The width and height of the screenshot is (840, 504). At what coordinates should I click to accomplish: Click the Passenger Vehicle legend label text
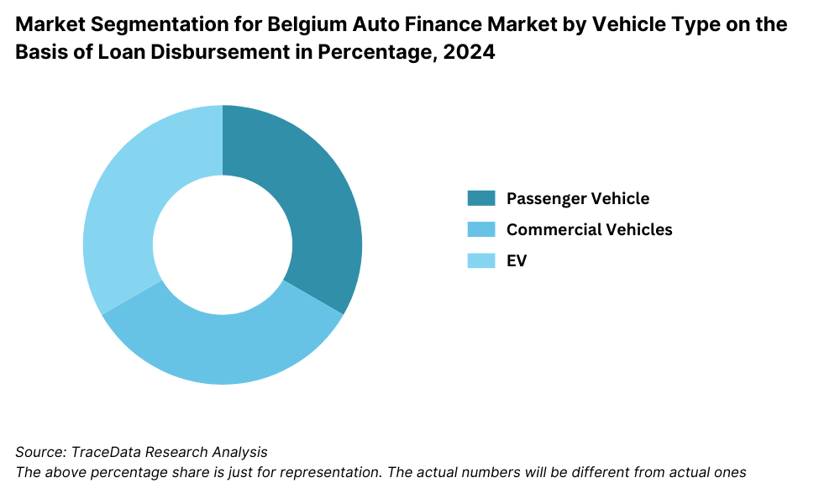pyautogui.click(x=578, y=198)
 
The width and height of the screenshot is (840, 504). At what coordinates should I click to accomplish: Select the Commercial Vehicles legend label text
pyautogui.click(x=590, y=229)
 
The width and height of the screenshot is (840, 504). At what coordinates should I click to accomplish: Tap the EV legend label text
pyautogui.click(x=517, y=260)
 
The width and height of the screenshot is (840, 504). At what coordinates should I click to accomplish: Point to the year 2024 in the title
pyautogui.click(x=473, y=53)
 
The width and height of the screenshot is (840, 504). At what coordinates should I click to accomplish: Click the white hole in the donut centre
pyautogui.click(x=223, y=244)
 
